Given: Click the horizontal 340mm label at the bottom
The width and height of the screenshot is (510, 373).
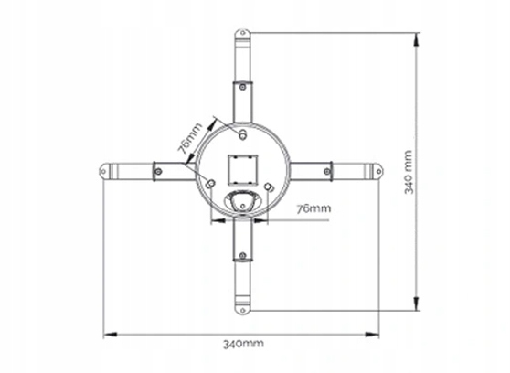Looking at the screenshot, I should (x=242, y=343).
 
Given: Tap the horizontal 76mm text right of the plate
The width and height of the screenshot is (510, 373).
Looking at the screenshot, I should (x=313, y=208).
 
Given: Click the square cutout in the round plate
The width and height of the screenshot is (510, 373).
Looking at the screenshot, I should (x=242, y=167).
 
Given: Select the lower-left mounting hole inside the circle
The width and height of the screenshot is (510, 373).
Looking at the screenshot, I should (x=213, y=185).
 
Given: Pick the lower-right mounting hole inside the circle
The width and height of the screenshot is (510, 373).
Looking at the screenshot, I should (x=270, y=188).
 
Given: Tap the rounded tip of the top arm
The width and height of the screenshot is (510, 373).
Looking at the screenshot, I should (x=242, y=37).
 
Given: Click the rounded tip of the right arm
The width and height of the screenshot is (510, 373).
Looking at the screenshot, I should (x=377, y=170).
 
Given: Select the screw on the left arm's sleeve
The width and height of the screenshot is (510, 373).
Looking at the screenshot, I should (x=157, y=170).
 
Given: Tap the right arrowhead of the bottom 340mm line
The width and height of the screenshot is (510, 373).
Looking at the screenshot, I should (x=377, y=334).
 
